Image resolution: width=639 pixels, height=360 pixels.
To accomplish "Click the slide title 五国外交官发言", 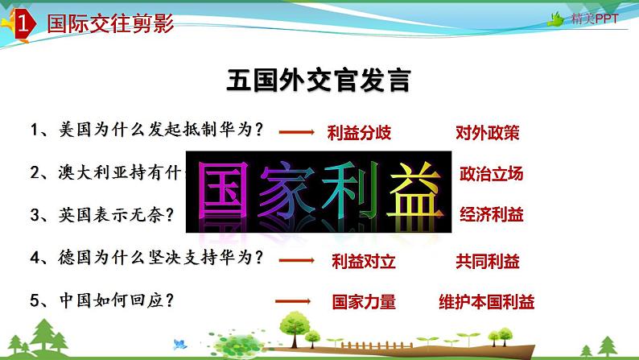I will [x=319, y=81].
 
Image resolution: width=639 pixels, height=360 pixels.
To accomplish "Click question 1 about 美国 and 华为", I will [x=149, y=129].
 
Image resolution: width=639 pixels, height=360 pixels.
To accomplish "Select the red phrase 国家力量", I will [x=364, y=302].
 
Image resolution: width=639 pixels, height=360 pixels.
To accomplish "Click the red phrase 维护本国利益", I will [x=487, y=302].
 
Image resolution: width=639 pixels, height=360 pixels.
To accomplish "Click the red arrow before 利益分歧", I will [x=301, y=132].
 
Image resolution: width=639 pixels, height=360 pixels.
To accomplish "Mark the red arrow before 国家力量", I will [x=293, y=301].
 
